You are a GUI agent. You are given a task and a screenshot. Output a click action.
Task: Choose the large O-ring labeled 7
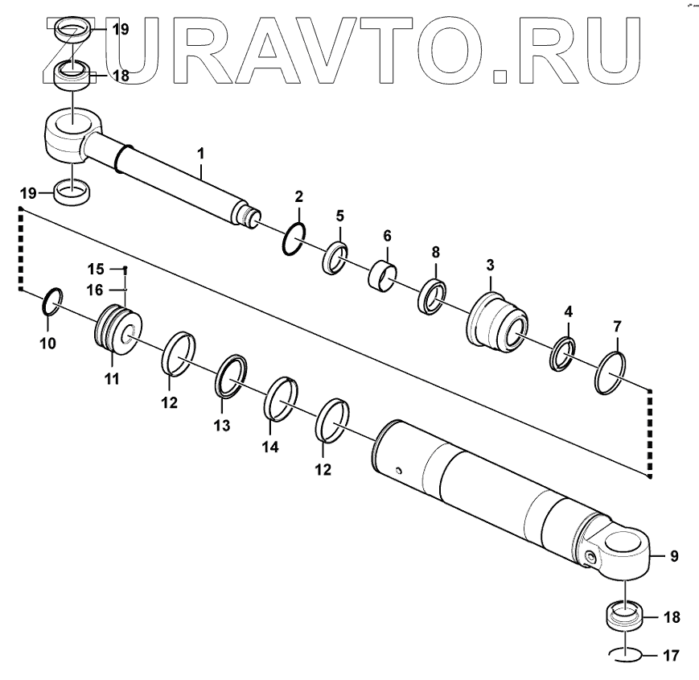tap(612, 373)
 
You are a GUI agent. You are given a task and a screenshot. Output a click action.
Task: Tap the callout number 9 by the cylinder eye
tap(674, 555)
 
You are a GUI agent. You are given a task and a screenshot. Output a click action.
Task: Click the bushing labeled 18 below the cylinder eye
tap(624, 617)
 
